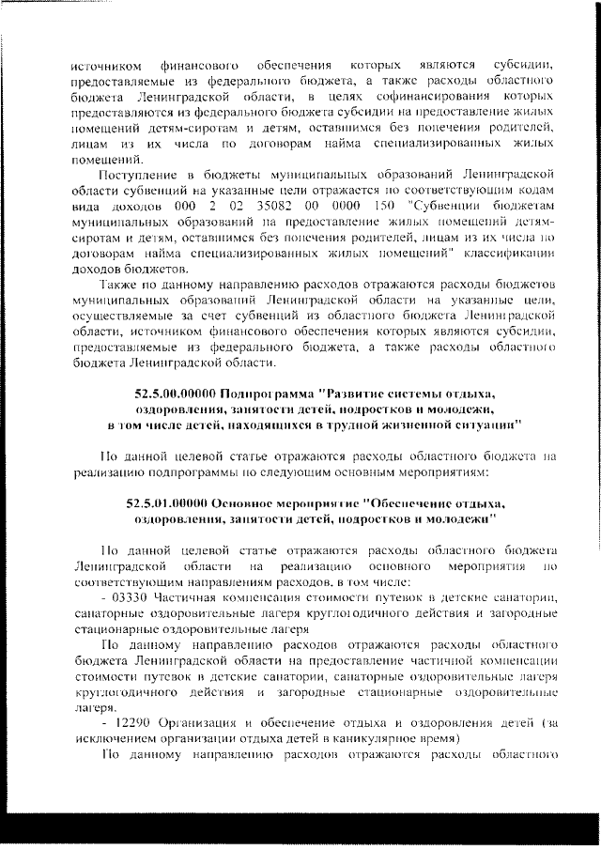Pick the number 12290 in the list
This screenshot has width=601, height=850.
(x=130, y=721)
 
